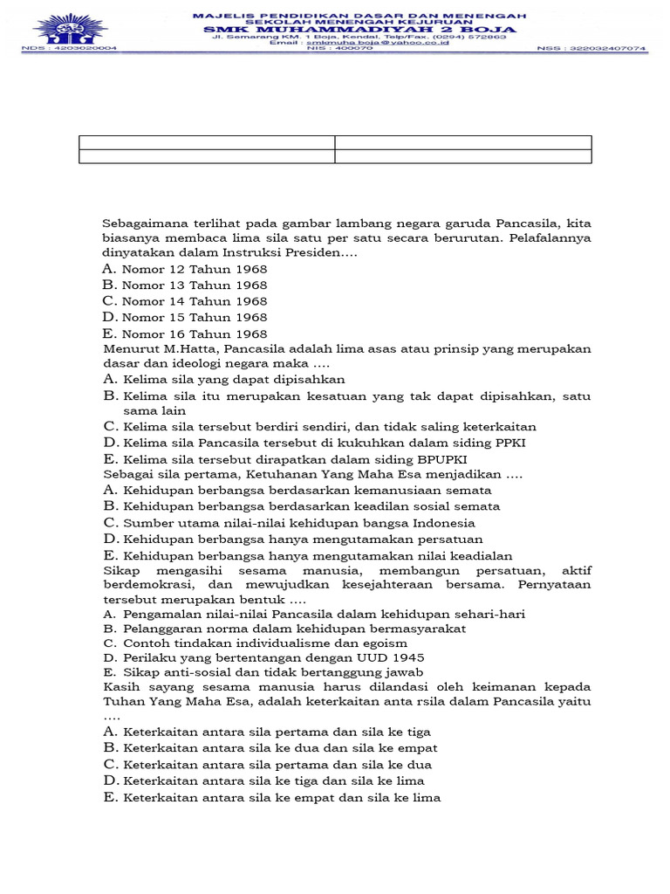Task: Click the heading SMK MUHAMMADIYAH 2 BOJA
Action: (359, 30)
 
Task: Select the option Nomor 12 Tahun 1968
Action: (194, 269)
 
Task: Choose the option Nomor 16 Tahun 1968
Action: (194, 334)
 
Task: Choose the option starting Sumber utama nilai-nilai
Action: (298, 523)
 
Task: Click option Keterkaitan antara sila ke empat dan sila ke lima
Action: (281, 797)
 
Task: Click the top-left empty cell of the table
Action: (207, 142)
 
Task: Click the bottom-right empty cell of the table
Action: (463, 156)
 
